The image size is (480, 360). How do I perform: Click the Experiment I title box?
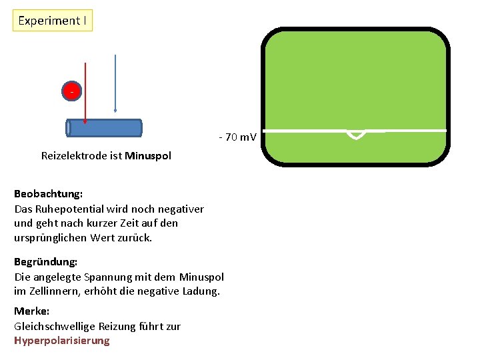click(52, 21)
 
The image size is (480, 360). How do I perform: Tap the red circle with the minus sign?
click(71, 91)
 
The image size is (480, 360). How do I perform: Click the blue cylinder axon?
click(105, 128)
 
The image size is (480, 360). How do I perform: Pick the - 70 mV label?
click(237, 137)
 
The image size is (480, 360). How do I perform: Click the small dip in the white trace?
click(357, 134)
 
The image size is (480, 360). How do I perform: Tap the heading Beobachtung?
click(48, 194)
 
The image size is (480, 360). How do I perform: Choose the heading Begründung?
click(46, 262)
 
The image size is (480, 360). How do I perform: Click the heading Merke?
click(31, 311)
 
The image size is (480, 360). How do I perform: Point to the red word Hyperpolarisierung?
click(61, 341)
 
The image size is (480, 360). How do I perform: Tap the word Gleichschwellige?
click(55, 326)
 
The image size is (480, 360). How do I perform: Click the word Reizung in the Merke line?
click(119, 326)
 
